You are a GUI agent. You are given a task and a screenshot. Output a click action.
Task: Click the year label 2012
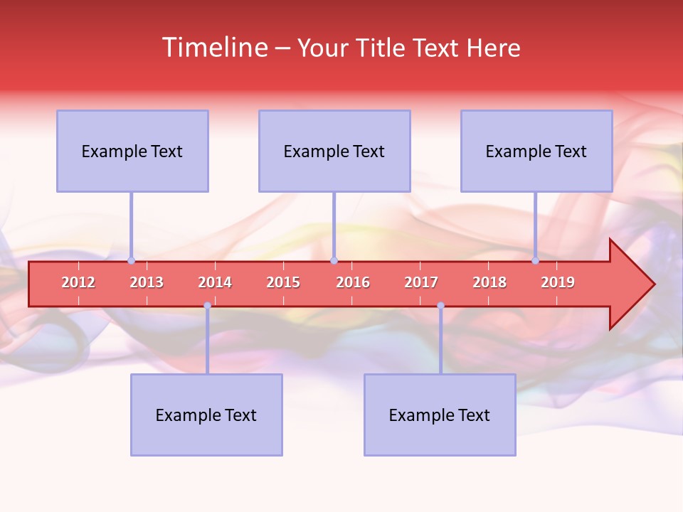point(78,282)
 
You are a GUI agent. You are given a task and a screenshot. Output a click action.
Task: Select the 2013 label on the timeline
point(147,282)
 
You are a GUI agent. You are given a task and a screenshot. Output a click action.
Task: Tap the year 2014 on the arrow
point(215,282)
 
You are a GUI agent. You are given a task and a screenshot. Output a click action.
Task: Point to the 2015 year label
point(283,282)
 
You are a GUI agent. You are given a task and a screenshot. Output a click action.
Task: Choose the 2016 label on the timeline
point(353,282)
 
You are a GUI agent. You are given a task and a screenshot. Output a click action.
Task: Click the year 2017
point(421,282)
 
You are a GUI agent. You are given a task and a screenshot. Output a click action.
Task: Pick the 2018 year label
point(489,282)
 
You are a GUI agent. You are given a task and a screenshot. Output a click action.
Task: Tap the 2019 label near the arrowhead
point(558,282)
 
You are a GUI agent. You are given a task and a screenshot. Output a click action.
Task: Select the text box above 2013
point(132,151)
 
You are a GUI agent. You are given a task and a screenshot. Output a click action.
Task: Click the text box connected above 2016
point(334,151)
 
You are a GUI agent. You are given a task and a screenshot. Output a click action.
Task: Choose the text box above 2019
point(536,151)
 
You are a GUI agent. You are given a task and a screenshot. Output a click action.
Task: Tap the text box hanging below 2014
point(206,415)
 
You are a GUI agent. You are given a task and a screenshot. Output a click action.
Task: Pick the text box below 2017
point(440,415)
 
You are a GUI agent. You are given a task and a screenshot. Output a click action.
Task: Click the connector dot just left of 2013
point(131,260)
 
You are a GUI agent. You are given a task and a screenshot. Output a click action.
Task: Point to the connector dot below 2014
point(207,305)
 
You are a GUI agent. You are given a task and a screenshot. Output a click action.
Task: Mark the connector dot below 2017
point(440,305)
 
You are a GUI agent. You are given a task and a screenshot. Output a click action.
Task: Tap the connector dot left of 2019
point(535,260)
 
